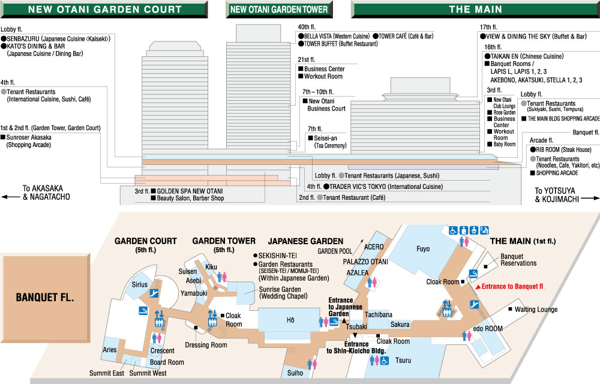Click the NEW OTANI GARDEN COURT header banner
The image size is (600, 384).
104,10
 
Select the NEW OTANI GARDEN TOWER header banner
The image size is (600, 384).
279,10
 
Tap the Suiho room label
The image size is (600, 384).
295,373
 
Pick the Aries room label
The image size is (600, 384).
110,349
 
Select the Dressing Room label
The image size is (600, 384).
206,344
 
